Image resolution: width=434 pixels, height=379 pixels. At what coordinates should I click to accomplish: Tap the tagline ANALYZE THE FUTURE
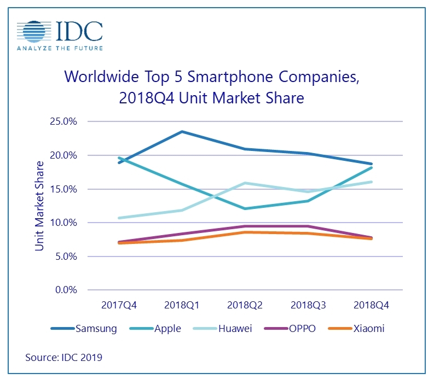(60, 48)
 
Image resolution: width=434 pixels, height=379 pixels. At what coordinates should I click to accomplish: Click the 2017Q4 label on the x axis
(119, 305)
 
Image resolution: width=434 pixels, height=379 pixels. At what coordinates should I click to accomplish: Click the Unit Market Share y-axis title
(39, 206)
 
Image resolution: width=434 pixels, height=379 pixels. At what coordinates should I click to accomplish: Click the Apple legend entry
(158, 329)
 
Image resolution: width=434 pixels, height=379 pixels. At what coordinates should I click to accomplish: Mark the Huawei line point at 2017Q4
(119, 218)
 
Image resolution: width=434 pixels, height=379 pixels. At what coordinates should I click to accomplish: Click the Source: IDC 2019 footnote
(63, 358)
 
